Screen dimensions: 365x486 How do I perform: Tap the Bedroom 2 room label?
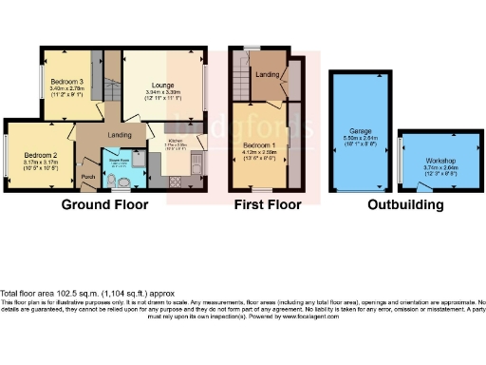(x=42, y=154)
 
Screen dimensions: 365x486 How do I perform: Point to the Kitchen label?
(x=178, y=140)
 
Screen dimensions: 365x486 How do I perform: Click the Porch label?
(x=87, y=177)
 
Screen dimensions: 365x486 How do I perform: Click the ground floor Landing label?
(x=120, y=134)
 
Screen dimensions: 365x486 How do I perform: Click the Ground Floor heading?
(x=104, y=204)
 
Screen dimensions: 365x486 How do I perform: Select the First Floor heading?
(x=267, y=204)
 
